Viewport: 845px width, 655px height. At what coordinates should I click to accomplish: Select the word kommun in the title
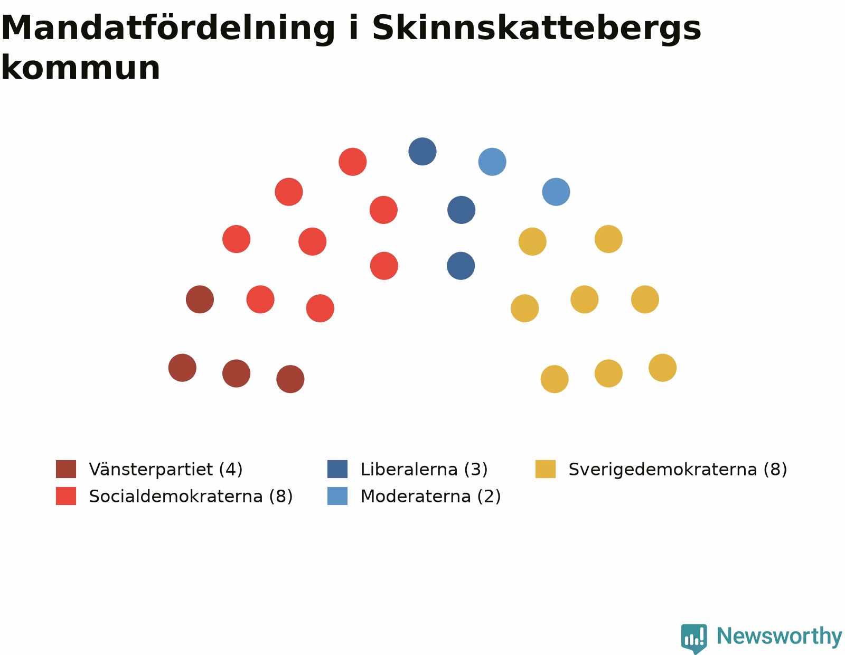[x=80, y=68]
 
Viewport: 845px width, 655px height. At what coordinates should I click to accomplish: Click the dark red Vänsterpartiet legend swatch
[x=65, y=469]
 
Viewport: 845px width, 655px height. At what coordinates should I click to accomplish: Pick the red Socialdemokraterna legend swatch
[x=65, y=496]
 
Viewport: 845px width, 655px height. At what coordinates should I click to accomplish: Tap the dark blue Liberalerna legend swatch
[x=337, y=469]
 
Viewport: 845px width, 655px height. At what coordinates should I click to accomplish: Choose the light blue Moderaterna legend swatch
[x=337, y=496]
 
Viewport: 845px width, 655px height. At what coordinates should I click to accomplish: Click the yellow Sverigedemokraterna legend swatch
[x=545, y=469]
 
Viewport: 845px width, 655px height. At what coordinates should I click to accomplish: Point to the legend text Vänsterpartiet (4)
[x=166, y=470]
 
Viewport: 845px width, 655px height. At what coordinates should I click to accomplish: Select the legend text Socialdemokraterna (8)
[x=191, y=497]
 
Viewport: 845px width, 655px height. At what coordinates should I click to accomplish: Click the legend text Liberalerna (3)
[x=424, y=470]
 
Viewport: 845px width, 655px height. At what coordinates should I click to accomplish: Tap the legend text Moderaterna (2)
[x=430, y=497]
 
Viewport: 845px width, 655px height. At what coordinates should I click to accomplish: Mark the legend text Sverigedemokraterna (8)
[x=678, y=470]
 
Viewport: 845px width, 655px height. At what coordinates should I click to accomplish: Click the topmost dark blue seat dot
[x=422, y=151]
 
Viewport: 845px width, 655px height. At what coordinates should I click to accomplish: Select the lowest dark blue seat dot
[x=461, y=266]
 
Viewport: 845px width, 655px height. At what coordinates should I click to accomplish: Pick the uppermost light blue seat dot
[x=492, y=162]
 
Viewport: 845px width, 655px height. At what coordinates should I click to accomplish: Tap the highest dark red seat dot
[x=200, y=300]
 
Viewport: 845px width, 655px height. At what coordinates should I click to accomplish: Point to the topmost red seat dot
[x=353, y=162]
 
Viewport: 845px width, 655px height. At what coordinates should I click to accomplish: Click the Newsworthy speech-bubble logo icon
[x=694, y=638]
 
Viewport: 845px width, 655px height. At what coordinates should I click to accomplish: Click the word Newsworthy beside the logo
[x=780, y=637]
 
